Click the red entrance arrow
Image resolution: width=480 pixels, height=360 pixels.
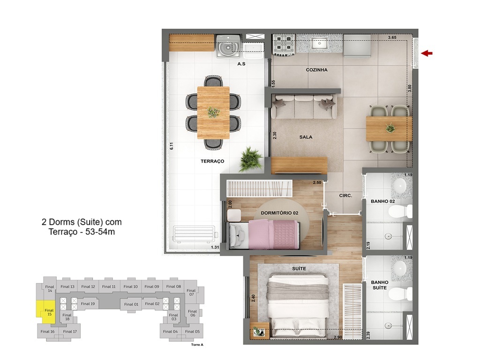pyautogui.click(x=426, y=53)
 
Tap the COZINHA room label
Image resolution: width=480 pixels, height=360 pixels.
pyautogui.click(x=316, y=70)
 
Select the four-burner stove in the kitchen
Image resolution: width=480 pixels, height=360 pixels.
pyautogui.click(x=283, y=45)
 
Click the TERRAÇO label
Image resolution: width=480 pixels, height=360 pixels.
pyautogui.click(x=212, y=161)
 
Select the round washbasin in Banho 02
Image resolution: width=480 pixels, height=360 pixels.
pyautogui.click(x=400, y=185)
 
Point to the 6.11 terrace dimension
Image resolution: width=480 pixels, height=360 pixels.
pyautogui.click(x=172, y=146)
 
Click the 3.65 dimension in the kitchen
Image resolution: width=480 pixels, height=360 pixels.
pyautogui.click(x=392, y=37)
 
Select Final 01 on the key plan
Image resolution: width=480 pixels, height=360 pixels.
pyautogui.click(x=131, y=304)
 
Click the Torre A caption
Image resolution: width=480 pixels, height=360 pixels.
pyautogui.click(x=197, y=345)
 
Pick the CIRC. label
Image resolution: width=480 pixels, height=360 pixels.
pyautogui.click(x=345, y=196)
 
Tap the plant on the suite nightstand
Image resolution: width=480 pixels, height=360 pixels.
pyautogui.click(x=257, y=331)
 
